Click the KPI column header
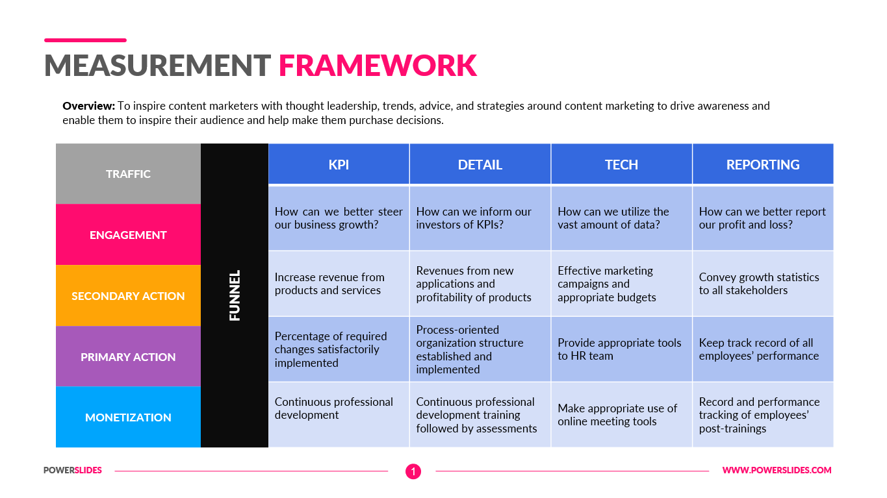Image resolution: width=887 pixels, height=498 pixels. click(x=339, y=164)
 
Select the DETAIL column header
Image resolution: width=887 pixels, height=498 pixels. click(x=480, y=164)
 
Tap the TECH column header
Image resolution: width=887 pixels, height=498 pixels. click(x=621, y=164)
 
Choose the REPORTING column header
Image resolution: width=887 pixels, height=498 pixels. click(x=763, y=164)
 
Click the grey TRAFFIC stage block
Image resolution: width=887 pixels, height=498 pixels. click(x=128, y=174)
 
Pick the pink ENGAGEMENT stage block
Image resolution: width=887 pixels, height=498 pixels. click(x=128, y=235)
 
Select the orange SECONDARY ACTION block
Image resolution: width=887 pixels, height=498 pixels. click(x=128, y=296)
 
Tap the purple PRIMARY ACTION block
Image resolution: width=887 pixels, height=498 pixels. click(x=128, y=357)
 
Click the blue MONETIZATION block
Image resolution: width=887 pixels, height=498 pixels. click(x=128, y=417)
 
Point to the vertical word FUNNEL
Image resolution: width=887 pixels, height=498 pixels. click(x=235, y=295)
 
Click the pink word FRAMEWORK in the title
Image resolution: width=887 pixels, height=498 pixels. click(x=378, y=66)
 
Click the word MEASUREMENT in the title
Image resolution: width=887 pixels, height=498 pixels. click(x=157, y=66)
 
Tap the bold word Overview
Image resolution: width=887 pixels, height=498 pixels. click(x=88, y=106)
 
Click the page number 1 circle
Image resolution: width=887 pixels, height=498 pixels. click(x=413, y=471)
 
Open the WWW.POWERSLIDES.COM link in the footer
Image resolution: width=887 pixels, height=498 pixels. click(x=777, y=470)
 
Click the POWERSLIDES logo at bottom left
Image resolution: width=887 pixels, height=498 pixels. click(x=73, y=470)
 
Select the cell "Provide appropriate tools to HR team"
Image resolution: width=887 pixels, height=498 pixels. click(x=621, y=349)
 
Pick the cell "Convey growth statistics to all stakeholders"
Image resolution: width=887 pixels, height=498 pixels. click(x=763, y=284)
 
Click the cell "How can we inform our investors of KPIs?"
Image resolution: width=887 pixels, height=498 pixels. click(x=480, y=218)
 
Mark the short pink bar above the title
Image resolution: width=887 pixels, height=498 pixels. click(x=85, y=40)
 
